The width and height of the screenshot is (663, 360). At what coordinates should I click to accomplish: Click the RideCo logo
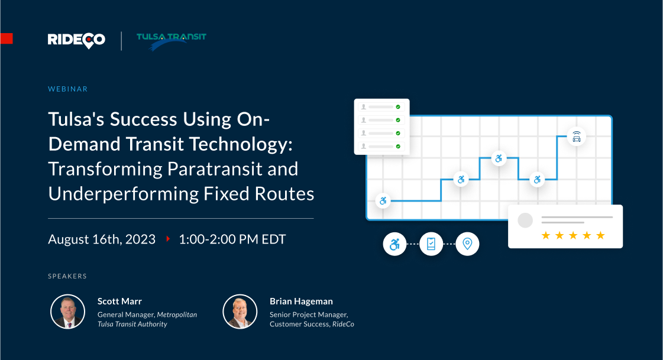[76, 40]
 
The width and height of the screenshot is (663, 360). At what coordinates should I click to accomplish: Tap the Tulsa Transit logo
[172, 41]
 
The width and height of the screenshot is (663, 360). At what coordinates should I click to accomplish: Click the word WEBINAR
[67, 89]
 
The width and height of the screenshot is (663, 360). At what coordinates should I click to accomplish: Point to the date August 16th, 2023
[102, 239]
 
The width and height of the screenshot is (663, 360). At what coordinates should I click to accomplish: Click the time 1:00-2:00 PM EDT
[232, 239]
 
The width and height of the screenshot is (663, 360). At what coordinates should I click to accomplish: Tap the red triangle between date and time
[168, 239]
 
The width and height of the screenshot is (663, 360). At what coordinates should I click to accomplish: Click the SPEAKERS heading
[67, 276]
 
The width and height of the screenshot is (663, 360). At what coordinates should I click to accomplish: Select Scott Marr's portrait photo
[67, 312]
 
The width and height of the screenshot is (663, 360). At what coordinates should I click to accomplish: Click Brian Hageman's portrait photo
[240, 312]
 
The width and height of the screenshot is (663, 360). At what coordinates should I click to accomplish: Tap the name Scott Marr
[119, 301]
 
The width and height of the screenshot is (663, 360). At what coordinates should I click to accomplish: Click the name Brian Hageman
[301, 301]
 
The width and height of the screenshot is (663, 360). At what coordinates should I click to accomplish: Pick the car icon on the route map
[576, 137]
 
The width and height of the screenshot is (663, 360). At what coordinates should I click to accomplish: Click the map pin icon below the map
[467, 244]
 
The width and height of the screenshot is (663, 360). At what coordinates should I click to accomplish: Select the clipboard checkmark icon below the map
[431, 244]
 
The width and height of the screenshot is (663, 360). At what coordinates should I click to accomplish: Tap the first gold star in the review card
[545, 235]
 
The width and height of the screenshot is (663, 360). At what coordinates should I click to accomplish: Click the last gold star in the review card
[600, 235]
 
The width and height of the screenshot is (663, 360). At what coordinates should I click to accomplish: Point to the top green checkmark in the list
[398, 107]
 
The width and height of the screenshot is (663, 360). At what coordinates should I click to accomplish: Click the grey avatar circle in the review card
[525, 220]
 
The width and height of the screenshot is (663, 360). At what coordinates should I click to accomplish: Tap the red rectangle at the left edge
[7, 38]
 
